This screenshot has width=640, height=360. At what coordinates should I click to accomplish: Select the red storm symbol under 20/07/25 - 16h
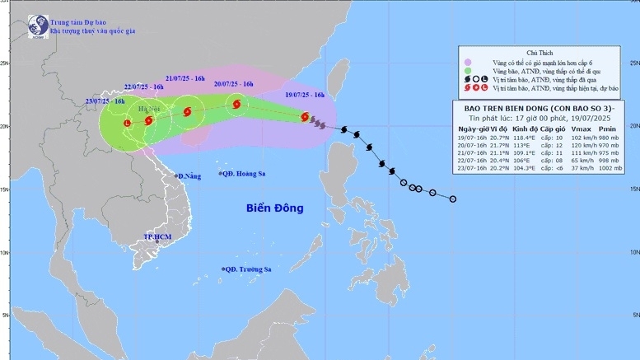(237, 105)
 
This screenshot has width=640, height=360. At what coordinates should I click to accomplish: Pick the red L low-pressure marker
(126, 124)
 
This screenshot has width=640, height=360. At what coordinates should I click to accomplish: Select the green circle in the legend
(468, 72)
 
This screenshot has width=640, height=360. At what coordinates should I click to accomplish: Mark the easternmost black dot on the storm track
(453, 199)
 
